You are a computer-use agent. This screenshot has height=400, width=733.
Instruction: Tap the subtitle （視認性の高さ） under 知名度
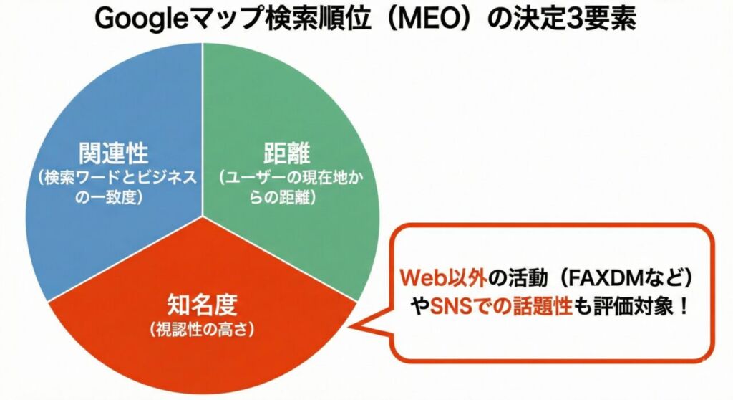tap(203, 330)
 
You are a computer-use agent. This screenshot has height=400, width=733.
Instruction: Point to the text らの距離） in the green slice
tap(286, 197)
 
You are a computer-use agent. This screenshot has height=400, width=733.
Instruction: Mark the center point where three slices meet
tap(203, 215)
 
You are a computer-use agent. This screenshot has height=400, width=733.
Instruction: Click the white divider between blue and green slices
tap(203, 129)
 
